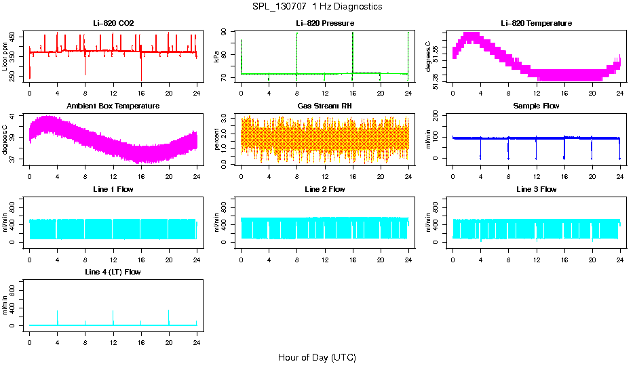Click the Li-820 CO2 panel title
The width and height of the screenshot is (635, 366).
113,23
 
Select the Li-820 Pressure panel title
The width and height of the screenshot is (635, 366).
324,23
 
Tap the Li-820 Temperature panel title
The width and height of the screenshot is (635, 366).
536,23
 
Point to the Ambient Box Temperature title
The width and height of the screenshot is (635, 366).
113,106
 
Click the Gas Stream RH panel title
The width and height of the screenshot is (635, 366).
324,106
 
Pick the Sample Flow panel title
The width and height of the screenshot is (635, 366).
536,106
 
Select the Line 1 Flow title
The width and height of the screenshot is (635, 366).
113,189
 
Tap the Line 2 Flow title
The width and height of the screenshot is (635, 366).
324,189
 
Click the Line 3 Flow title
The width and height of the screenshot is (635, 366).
536,189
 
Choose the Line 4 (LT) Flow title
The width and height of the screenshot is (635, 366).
113,272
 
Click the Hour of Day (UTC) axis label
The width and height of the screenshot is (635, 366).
317,357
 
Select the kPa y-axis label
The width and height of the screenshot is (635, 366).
216,57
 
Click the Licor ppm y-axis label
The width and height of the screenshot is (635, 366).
5,57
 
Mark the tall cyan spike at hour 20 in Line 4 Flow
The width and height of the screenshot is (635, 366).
168,315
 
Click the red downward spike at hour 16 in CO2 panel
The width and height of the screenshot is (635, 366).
141,71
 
